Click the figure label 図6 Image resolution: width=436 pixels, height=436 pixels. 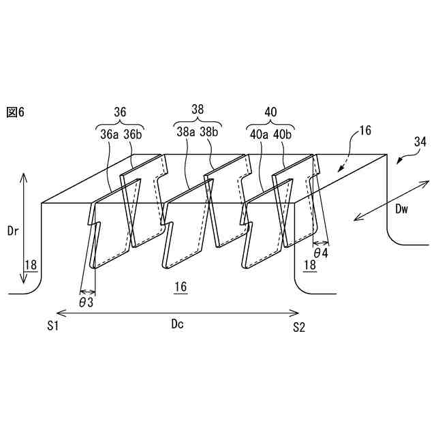click(x=14, y=111)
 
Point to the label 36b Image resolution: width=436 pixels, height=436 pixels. click(x=133, y=134)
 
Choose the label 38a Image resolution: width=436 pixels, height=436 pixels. click(x=187, y=131)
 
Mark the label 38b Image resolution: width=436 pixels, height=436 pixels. click(x=211, y=131)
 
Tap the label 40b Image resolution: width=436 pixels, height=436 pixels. click(x=282, y=134)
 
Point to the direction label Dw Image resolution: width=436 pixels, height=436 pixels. click(x=402, y=210)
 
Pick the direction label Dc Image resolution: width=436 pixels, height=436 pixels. click(x=177, y=325)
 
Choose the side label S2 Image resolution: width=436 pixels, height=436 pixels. click(x=299, y=328)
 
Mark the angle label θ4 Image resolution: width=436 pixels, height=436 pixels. click(x=320, y=253)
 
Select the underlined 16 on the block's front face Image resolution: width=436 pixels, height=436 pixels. click(x=181, y=288)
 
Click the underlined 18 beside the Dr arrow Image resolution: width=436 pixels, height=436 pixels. click(x=31, y=265)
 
